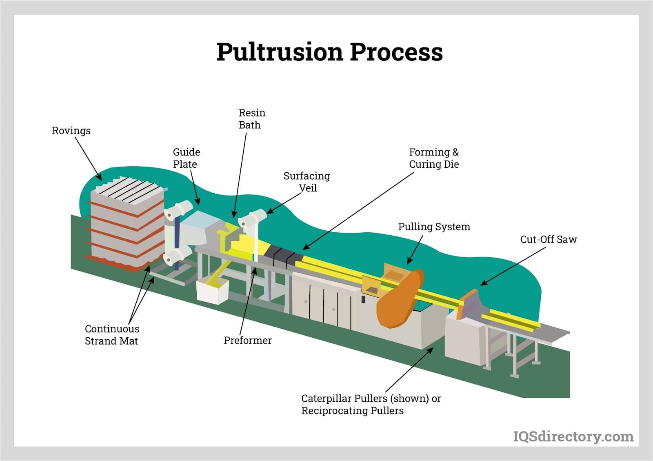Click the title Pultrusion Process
tap(329, 52)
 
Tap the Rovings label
tap(71, 131)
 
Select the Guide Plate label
tap(186, 158)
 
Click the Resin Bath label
tap(251, 119)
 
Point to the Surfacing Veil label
tap(307, 182)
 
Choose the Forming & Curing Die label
tap(433, 158)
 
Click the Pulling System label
tap(434, 227)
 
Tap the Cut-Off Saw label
tap(548, 239)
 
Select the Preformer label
tap(247, 340)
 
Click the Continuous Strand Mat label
tap(111, 335)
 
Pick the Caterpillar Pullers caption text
tap(371, 404)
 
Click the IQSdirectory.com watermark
tap(573, 437)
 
